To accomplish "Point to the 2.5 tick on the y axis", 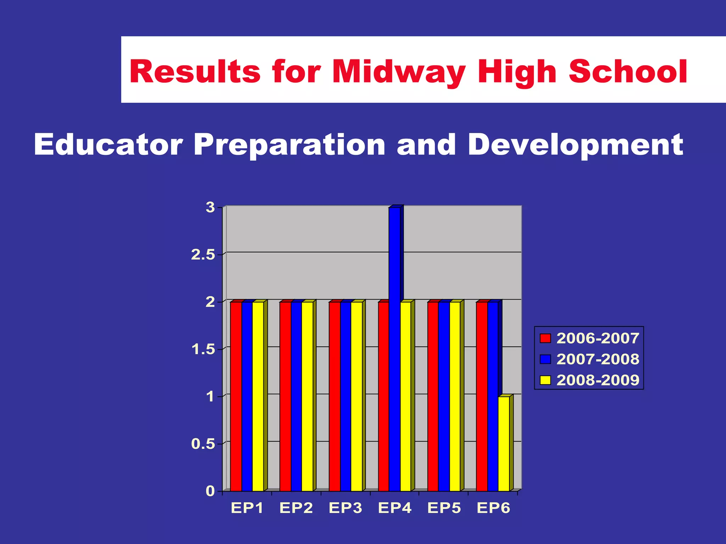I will [x=203, y=255].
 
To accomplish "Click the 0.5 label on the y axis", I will [x=203, y=444].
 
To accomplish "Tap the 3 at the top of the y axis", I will [x=210, y=207].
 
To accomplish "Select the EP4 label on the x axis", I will [x=395, y=508].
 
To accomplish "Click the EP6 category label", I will [x=493, y=508].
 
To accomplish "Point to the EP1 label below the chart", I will [x=247, y=508].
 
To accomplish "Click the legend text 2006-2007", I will [x=598, y=338].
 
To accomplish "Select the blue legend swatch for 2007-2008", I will [x=545, y=359].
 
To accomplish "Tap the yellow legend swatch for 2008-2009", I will [x=545, y=380].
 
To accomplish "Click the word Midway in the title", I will [x=398, y=72].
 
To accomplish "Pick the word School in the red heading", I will [x=628, y=72].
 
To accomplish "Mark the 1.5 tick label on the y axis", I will [x=203, y=349].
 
